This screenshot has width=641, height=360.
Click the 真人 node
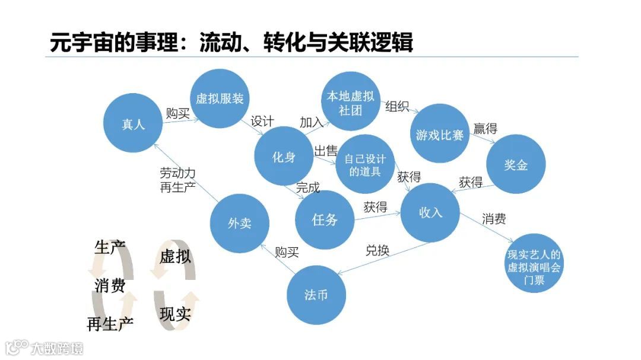[133, 124]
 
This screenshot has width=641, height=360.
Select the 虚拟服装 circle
[220, 98]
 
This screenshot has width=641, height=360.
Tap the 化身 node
[284, 157]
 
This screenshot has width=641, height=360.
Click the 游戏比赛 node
[440, 134]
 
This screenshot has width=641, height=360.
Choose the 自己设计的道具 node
[364, 165]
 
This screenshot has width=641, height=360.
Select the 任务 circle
[324, 219]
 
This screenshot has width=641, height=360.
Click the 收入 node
[430, 212]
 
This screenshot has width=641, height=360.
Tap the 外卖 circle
[239, 223]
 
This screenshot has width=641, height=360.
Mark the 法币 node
[316, 295]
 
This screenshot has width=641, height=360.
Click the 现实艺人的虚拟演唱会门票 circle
[534, 267]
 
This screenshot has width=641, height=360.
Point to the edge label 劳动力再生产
[177, 180]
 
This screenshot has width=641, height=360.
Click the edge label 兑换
[377, 250]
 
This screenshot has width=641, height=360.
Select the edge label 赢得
[485, 128]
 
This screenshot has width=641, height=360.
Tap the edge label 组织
[397, 107]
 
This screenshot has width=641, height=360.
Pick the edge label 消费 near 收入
[494, 219]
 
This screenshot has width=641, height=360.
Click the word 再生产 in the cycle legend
[110, 324]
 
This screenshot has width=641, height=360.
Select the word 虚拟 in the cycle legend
[175, 257]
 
